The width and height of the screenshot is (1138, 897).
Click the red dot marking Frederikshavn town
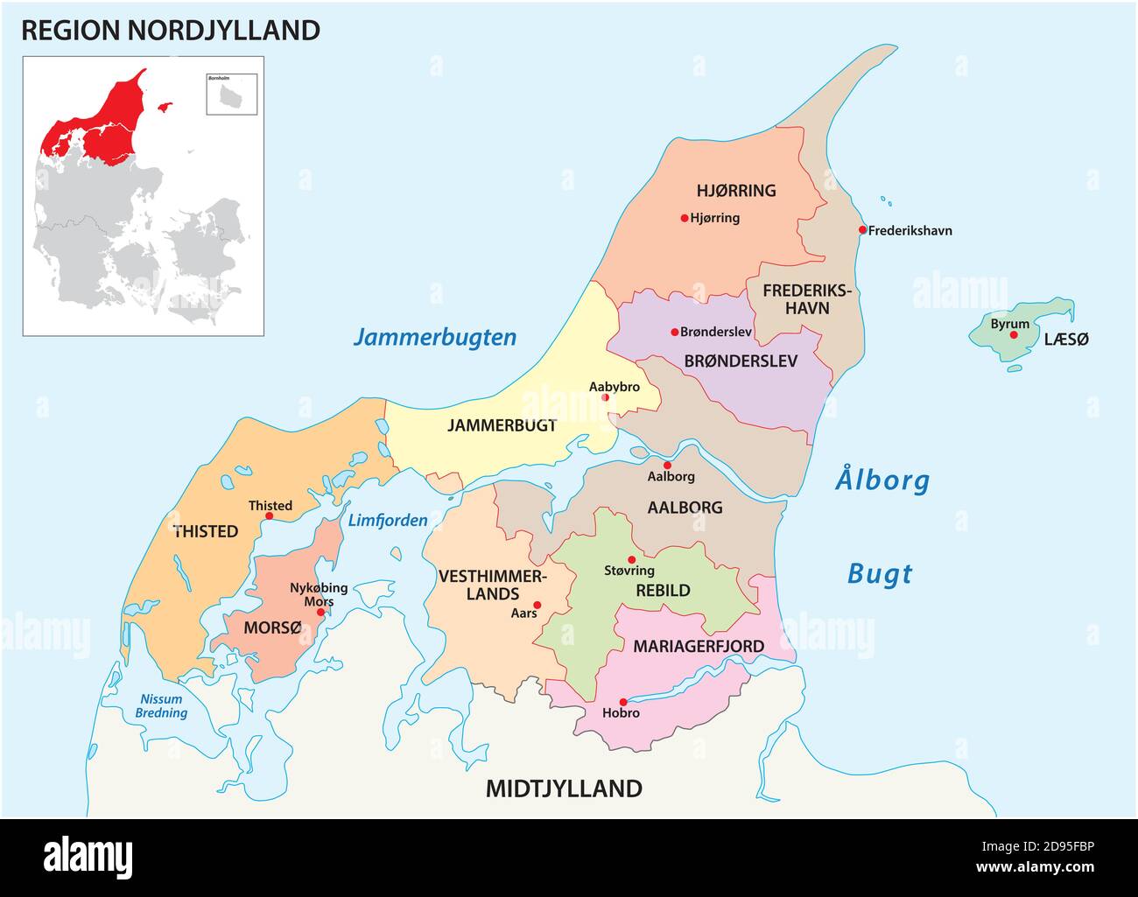tap(862, 230)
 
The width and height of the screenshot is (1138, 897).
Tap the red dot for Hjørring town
tap(684, 218)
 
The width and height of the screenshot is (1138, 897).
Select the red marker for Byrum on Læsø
tap(1014, 334)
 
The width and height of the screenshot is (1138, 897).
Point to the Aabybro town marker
tap(605, 397)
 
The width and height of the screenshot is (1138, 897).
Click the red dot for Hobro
tap(622, 702)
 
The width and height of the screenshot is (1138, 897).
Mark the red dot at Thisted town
tap(269, 516)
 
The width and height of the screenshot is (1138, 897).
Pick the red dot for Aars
tap(537, 605)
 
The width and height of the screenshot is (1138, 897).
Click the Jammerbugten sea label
tap(434, 338)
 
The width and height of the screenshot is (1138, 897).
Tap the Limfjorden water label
tap(388, 521)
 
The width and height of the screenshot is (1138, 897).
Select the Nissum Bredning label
tap(161, 705)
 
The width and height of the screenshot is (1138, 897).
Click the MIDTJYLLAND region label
tap(564, 788)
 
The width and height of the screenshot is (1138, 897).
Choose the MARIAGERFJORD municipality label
tap(698, 647)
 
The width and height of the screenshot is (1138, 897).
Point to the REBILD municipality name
tap(663, 591)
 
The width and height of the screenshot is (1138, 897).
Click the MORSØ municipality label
tap(272, 628)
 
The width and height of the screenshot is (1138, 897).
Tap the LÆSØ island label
tap(1066, 340)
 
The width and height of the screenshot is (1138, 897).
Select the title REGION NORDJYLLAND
tap(170, 31)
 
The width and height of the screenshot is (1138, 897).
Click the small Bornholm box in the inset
tap(231, 94)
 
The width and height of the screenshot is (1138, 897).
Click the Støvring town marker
tap(631, 559)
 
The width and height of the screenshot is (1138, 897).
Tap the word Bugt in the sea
tap(880, 574)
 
